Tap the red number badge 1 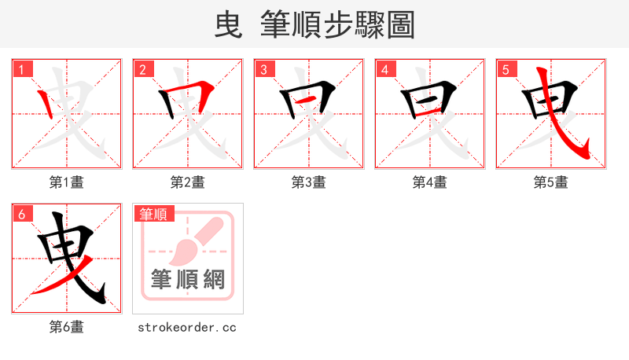pos(21,69)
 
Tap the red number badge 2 pos(142,69)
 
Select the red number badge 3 pos(263,69)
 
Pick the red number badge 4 pos(384,69)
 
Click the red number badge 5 pos(506,69)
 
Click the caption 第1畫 pos(66,182)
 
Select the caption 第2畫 pos(187,182)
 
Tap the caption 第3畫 pos(308,182)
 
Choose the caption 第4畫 pos(429,182)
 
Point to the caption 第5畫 pos(550,182)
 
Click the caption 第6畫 pos(66,327)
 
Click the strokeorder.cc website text pos(187,327)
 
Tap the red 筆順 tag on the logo pos(154,214)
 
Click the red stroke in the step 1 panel pos(48,101)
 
